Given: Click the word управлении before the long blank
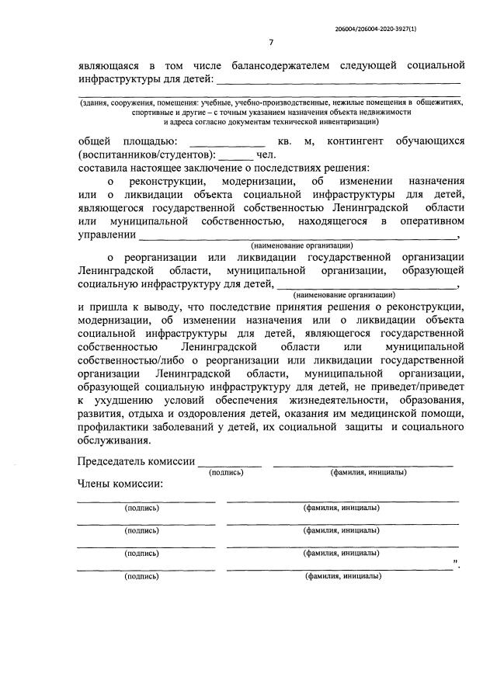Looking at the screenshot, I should coord(107,234).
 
